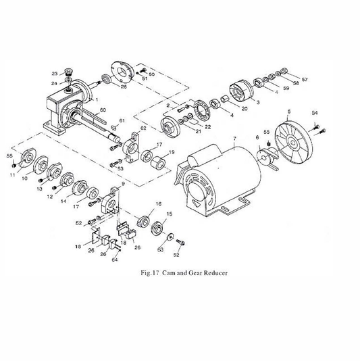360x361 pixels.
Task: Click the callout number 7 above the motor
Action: pyautogui.click(x=234, y=140)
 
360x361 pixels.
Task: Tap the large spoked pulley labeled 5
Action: pyautogui.click(x=294, y=143)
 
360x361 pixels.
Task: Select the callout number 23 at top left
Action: pyautogui.click(x=54, y=73)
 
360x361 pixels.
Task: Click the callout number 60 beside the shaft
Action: pyautogui.click(x=103, y=110)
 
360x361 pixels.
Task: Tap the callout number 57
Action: pyautogui.click(x=304, y=80)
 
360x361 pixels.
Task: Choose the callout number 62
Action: pyautogui.click(x=143, y=127)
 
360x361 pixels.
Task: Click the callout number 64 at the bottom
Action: pyautogui.click(x=114, y=258)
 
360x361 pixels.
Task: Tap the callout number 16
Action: pyautogui.click(x=159, y=203)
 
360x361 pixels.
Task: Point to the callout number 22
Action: pyautogui.click(x=207, y=126)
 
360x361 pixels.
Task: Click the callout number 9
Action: pyautogui.click(x=123, y=183)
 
